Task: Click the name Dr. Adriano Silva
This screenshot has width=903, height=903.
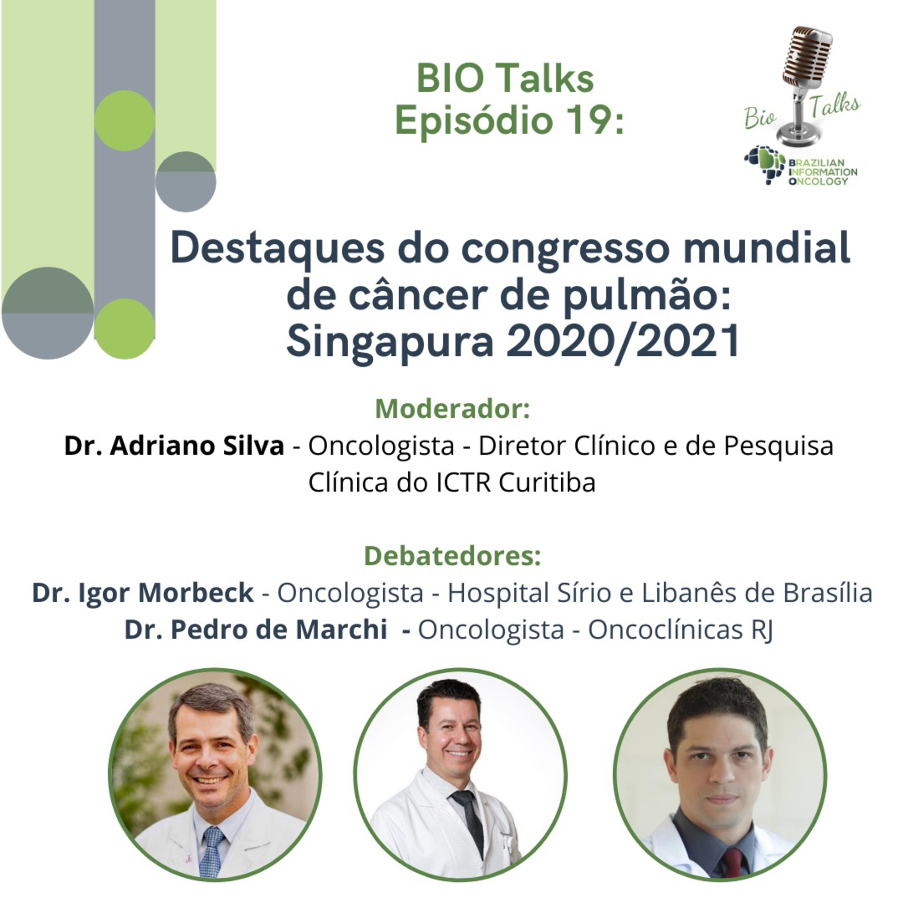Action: coord(174,445)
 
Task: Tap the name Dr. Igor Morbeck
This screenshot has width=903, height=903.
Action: coord(143,593)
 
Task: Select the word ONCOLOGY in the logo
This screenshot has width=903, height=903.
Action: coord(818,181)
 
